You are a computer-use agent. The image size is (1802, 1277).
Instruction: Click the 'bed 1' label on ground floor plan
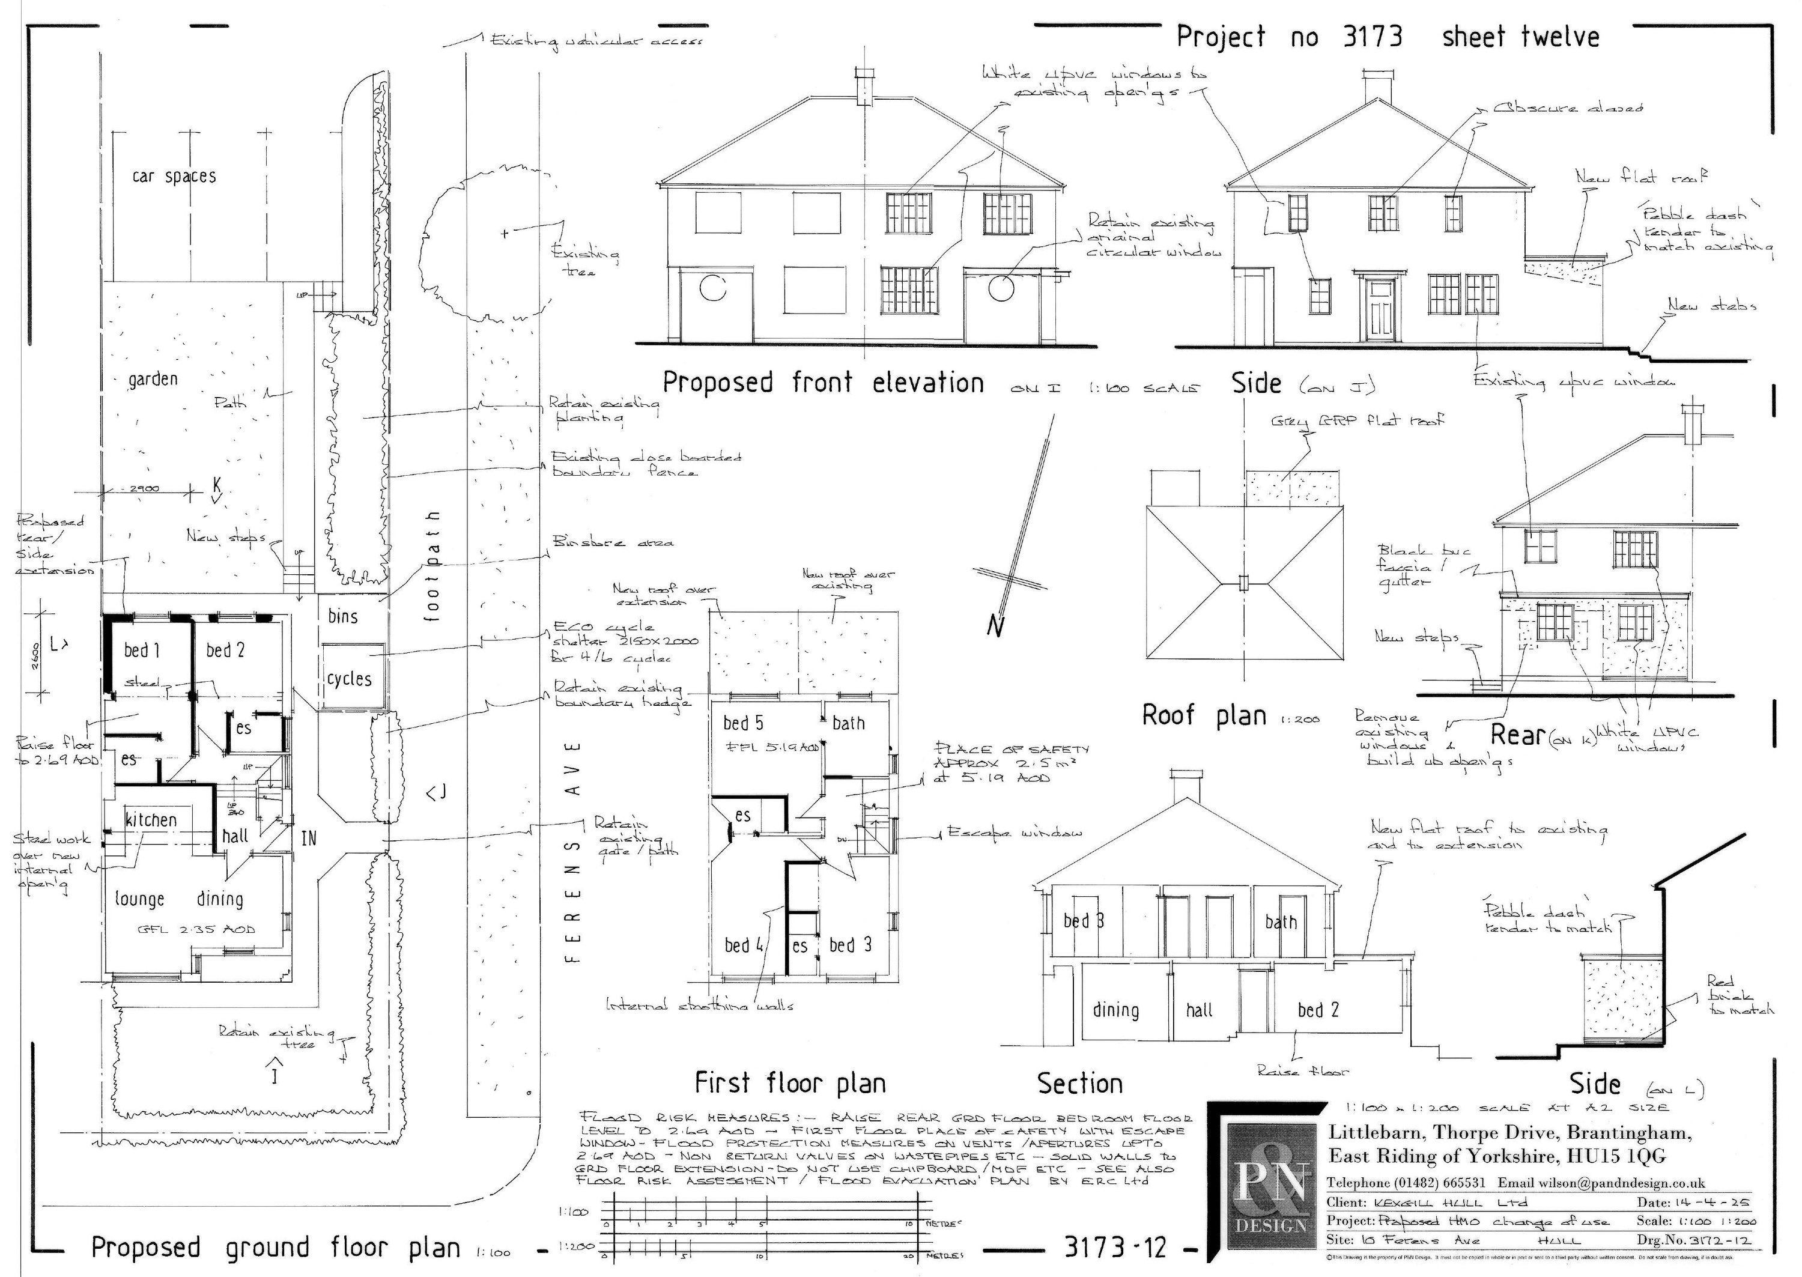142,651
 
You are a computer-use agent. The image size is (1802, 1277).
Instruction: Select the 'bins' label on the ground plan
343,616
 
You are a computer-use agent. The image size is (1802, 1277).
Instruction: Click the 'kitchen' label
151,820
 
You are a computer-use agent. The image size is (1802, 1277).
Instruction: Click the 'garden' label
153,379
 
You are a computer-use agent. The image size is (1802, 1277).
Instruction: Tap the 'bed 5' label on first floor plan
743,723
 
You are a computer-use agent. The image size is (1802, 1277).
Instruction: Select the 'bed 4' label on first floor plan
744,944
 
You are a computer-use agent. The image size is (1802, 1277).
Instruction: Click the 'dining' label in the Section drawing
1115,1010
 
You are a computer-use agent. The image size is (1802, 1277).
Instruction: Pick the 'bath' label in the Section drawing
1281,921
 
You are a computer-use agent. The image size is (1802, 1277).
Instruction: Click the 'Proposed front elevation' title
823,383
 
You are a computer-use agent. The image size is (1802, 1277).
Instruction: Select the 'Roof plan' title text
1203,715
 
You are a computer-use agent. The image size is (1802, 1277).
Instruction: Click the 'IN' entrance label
309,839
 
